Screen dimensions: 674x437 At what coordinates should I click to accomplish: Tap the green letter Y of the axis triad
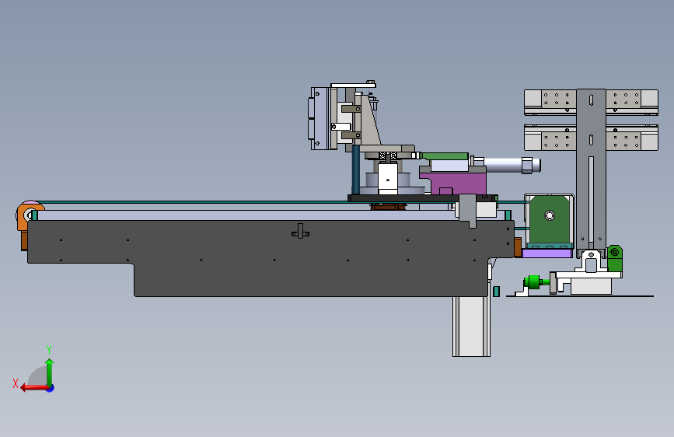pos(49,349)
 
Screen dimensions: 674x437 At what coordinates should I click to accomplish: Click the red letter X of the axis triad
pos(16,383)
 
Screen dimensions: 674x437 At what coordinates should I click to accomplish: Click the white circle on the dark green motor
pos(550,215)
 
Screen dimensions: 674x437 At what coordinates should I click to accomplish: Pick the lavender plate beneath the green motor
pos(547,253)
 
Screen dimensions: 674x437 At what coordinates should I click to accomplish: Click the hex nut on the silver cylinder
pos(527,166)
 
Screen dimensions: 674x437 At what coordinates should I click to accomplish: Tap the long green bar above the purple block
pos(445,156)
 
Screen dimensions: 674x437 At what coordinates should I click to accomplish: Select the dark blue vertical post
pos(356,170)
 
